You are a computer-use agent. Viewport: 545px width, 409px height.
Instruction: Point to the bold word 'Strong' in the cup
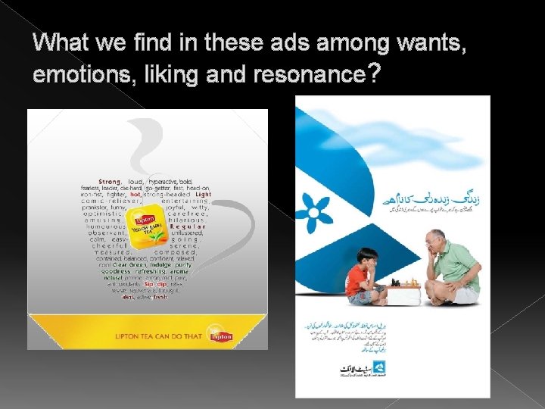110,182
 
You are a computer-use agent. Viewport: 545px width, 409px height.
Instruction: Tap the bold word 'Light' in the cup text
203,194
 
